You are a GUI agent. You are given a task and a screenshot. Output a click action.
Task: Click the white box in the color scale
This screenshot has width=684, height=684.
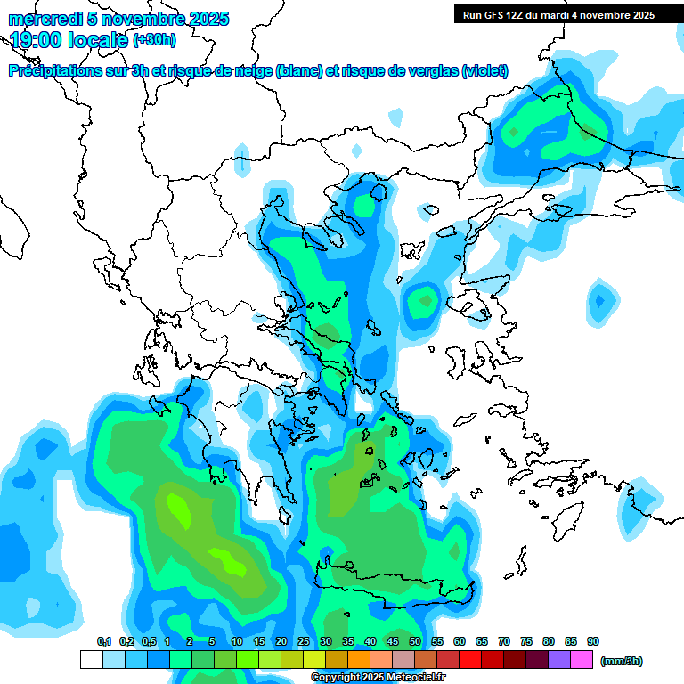tap(91, 660)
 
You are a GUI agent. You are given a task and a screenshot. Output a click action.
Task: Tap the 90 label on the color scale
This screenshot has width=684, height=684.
tap(593, 642)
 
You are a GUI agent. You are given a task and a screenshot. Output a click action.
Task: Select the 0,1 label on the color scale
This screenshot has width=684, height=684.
tap(103, 642)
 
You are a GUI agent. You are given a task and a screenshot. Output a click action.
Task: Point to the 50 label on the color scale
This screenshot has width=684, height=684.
tap(415, 642)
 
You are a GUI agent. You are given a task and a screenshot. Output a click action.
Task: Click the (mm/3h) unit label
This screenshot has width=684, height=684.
tap(622, 661)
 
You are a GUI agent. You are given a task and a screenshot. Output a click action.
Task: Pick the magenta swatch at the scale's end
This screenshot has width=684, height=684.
tap(582, 660)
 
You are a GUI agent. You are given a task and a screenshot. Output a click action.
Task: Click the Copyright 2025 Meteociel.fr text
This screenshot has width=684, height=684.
tap(378, 678)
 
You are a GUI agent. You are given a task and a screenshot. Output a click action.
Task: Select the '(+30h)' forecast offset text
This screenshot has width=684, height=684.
tap(154, 40)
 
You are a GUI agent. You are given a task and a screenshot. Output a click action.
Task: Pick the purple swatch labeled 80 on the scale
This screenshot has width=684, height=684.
tap(559, 660)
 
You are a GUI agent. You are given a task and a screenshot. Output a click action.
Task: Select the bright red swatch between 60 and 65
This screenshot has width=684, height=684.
tap(470, 660)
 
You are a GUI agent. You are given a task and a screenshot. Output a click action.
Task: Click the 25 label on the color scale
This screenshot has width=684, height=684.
tap(304, 642)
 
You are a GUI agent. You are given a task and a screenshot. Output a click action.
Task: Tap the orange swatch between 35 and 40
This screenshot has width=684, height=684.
tap(359, 660)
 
